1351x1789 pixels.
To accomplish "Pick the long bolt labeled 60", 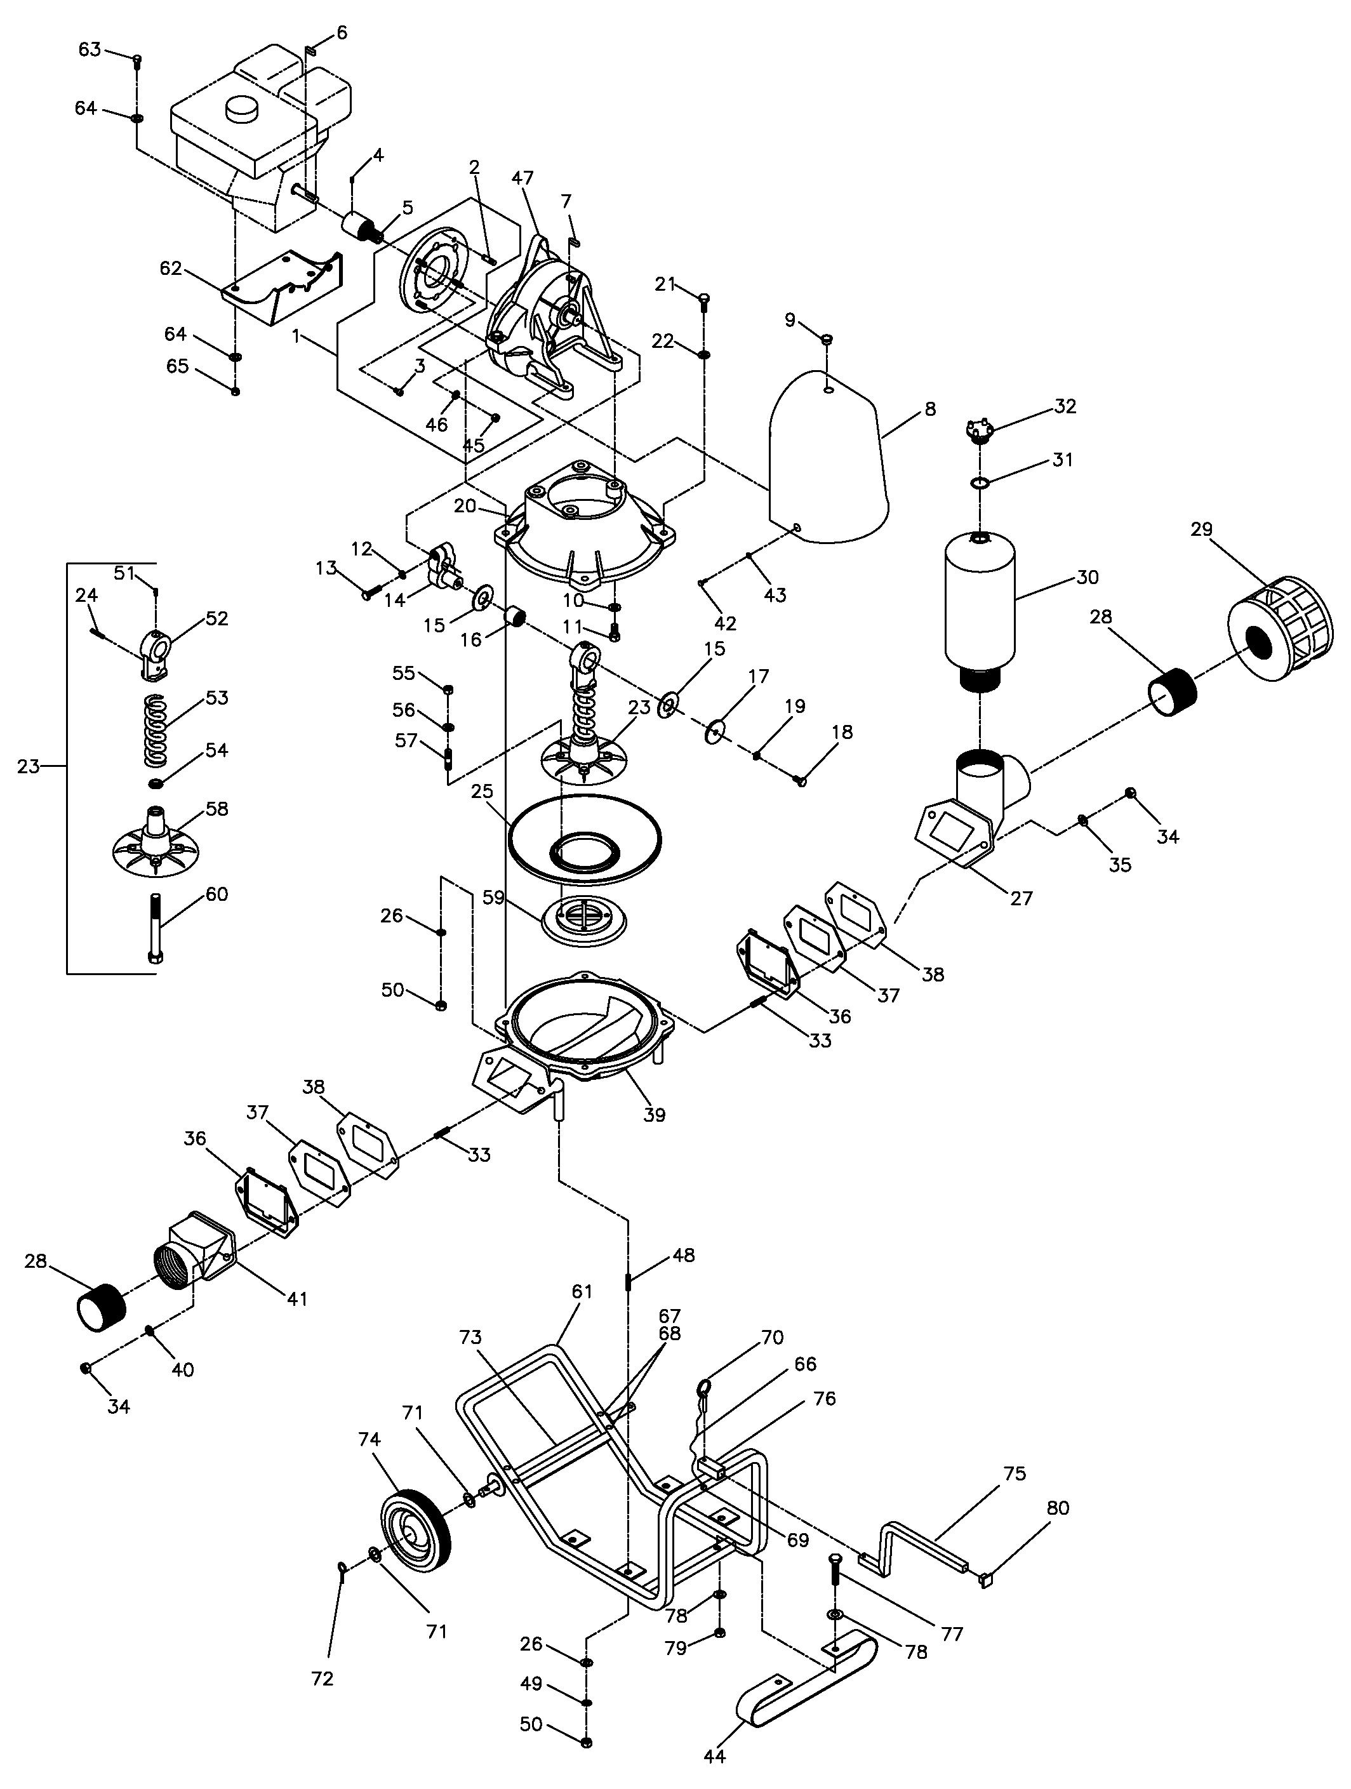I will pyautogui.click(x=156, y=927).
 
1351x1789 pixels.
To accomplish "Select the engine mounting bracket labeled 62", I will pyautogui.click(x=283, y=287).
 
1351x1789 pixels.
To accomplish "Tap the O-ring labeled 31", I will pyautogui.click(x=979, y=483).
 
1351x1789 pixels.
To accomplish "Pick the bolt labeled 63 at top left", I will pyautogui.click(x=136, y=59).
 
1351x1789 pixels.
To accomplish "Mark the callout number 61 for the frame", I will pyautogui.click(x=582, y=1292).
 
